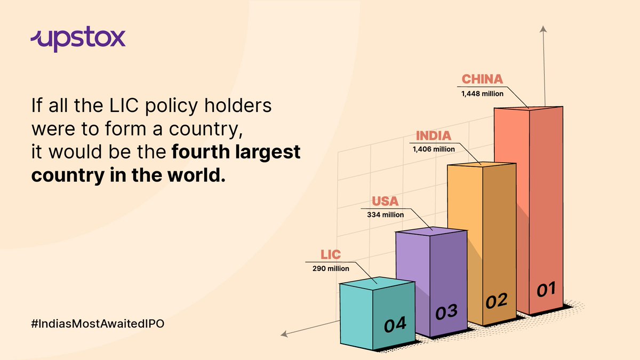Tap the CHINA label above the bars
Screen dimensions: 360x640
tap(482, 79)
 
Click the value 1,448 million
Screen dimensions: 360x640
tap(482, 93)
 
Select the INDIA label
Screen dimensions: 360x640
tap(434, 135)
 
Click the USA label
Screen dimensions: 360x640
tap(385, 202)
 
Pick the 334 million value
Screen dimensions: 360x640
tap(385, 214)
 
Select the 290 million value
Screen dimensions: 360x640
tap(331, 268)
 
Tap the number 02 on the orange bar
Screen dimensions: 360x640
tap(496, 302)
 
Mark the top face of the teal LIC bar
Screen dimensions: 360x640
tap(377, 281)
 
